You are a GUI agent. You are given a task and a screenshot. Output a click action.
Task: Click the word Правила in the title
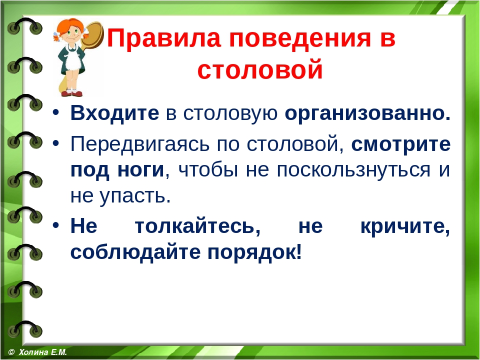(x=163, y=38)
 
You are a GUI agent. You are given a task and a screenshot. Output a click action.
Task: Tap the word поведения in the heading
(x=300, y=39)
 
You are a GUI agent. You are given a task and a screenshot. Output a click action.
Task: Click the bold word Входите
(x=115, y=112)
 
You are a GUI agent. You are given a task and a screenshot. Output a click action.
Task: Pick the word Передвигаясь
(x=140, y=144)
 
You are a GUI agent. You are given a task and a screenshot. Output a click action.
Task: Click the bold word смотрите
(x=400, y=144)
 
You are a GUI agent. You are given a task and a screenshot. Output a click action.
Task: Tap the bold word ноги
(x=141, y=170)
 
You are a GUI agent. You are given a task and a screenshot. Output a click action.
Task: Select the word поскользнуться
(x=353, y=170)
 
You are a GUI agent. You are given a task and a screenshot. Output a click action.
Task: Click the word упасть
(x=134, y=196)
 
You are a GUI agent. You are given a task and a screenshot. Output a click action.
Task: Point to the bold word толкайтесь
(x=198, y=226)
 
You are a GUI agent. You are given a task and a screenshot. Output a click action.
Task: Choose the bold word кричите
(x=405, y=226)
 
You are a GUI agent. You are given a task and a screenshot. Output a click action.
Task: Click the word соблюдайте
(x=135, y=252)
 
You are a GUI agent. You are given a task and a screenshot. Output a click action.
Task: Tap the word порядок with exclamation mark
(x=254, y=253)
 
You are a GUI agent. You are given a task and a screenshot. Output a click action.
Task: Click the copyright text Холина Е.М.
(x=42, y=352)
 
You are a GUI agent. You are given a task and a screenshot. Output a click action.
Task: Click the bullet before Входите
(x=55, y=112)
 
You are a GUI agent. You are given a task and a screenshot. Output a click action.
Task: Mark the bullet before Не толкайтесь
(x=55, y=225)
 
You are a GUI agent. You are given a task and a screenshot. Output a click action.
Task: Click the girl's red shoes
(x=71, y=93)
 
